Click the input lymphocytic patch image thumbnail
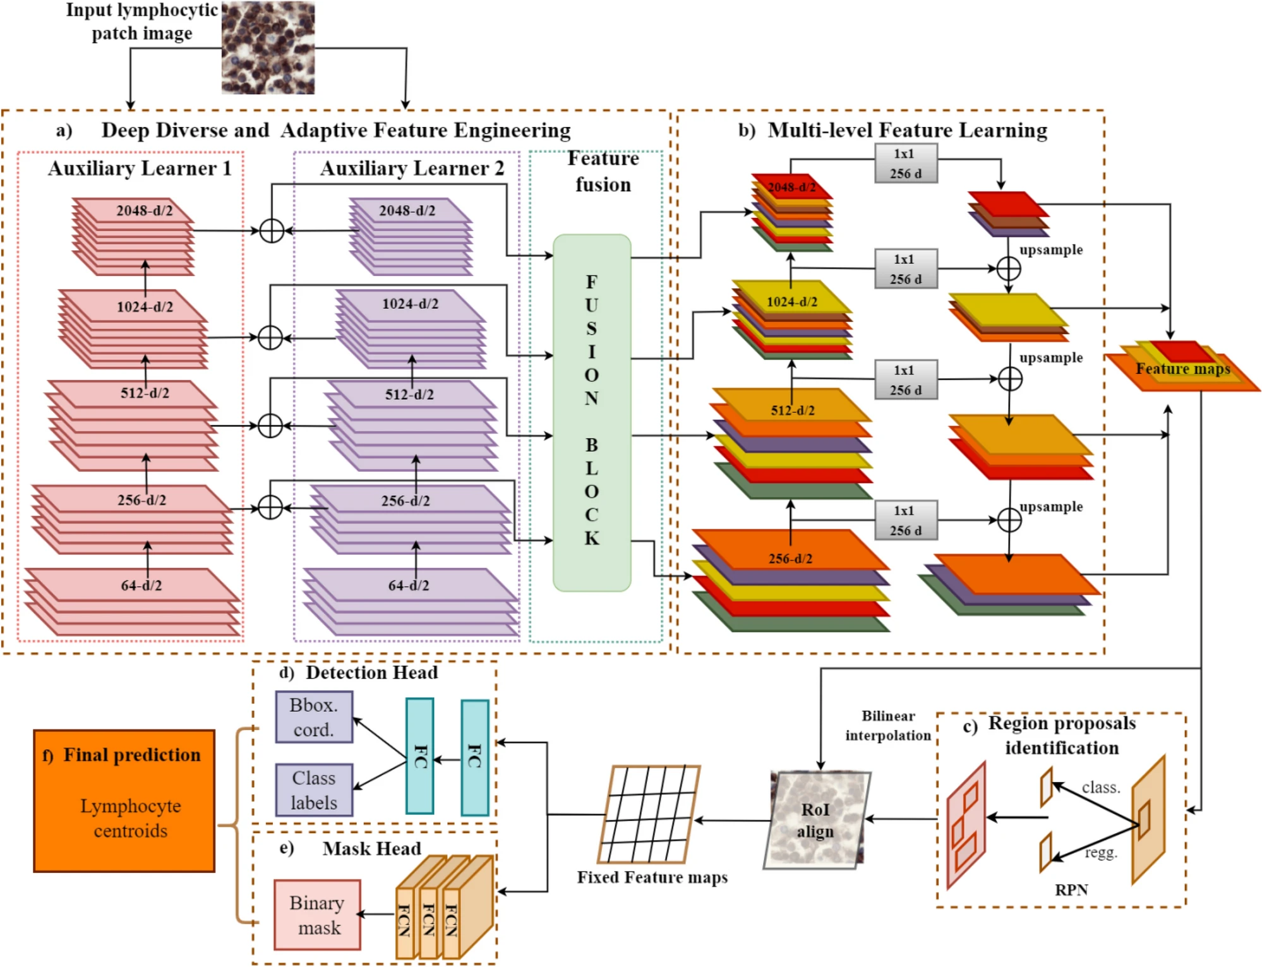(268, 48)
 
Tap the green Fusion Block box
(591, 412)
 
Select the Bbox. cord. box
(313, 717)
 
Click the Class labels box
(313, 790)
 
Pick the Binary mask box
(317, 915)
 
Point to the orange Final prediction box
(124, 800)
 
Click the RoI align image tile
(816, 820)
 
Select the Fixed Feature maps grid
(649, 815)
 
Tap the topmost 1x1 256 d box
(906, 164)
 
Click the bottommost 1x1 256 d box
(906, 520)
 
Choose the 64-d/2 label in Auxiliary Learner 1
(141, 586)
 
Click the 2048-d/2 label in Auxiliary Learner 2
(407, 210)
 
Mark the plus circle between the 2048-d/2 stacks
(272, 231)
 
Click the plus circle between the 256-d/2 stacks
(270, 507)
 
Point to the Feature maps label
(1182, 369)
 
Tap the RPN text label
(1071, 890)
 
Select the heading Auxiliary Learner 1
(140, 169)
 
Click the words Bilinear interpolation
(888, 726)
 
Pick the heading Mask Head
(371, 848)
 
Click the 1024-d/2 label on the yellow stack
(791, 302)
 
